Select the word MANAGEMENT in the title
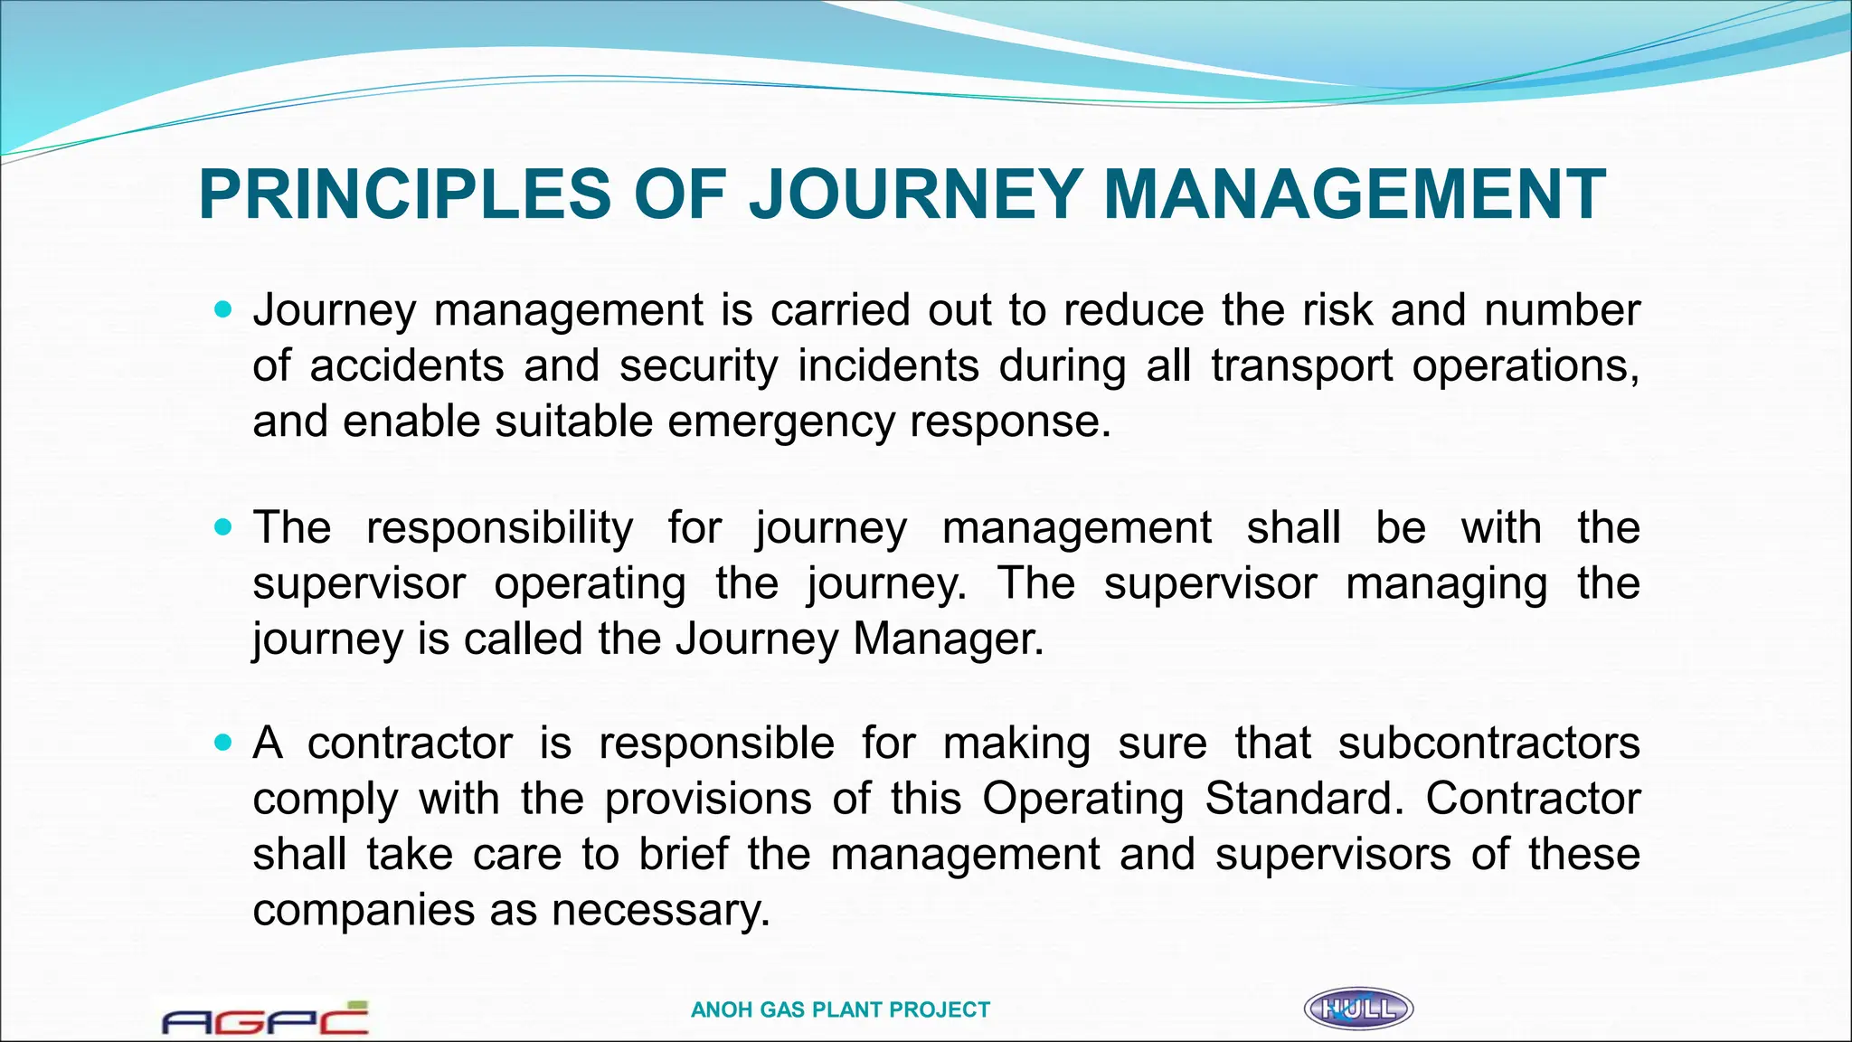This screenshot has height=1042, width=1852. (x=1354, y=195)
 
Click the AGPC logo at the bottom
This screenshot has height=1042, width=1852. (x=265, y=1018)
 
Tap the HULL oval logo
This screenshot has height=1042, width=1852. (x=1358, y=1009)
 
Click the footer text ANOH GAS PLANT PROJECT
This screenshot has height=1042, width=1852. (x=840, y=1010)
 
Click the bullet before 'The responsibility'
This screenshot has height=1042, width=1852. (x=223, y=526)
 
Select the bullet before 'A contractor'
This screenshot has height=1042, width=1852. (x=223, y=743)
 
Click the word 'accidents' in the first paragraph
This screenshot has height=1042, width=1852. (x=407, y=366)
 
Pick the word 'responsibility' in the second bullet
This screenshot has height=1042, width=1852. (x=499, y=527)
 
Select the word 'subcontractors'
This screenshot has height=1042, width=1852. (x=1488, y=744)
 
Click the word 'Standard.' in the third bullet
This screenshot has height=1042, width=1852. (x=1304, y=800)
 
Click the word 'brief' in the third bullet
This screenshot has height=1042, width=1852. (x=683, y=855)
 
